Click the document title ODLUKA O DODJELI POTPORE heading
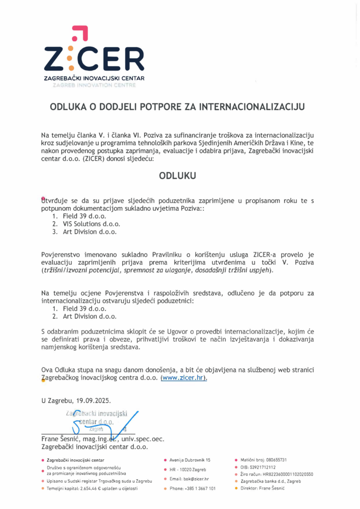pos(177,106)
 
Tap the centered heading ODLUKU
pos(177,175)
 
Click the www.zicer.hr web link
pos(183,378)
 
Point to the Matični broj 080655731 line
pos(264,460)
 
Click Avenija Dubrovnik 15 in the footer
pos(189,460)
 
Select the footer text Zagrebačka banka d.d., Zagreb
pos(270,481)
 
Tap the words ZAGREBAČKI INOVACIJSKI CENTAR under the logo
pos(94,79)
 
